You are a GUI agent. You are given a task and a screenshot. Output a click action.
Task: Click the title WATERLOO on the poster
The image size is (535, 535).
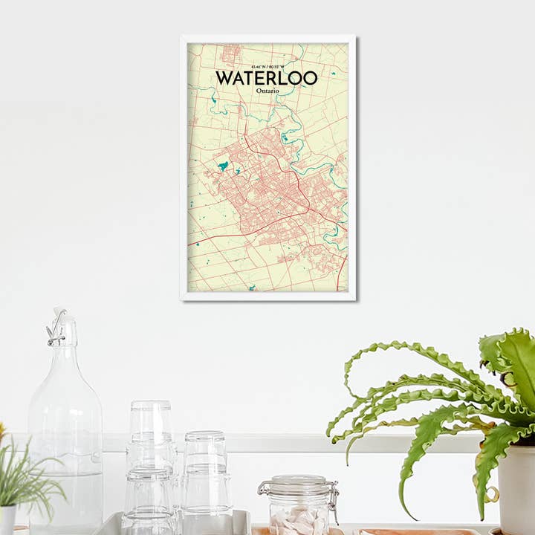(x=266, y=78)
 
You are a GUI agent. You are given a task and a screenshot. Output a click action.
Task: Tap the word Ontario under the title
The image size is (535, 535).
(x=267, y=91)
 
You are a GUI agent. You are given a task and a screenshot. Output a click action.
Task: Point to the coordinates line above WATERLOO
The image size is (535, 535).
(x=267, y=67)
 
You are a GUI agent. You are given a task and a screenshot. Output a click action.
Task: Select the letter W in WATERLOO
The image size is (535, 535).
(x=224, y=78)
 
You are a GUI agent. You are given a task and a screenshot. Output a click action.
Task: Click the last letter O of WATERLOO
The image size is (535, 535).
(x=310, y=78)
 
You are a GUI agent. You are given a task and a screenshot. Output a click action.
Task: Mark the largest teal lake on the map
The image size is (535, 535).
(x=223, y=166)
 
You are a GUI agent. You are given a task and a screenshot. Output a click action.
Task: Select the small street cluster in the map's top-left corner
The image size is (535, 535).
(x=231, y=51)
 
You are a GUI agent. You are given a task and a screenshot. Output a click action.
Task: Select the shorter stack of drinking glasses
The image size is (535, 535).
(x=205, y=476)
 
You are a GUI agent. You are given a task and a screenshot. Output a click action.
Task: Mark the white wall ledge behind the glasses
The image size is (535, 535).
(x=297, y=444)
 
